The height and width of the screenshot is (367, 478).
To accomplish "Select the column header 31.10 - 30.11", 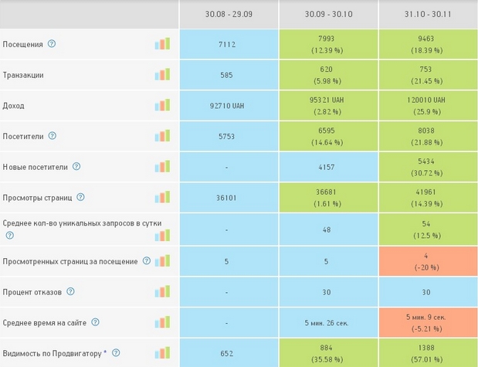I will tap(428, 15).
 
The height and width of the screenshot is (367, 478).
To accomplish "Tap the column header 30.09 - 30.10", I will tap(328, 15).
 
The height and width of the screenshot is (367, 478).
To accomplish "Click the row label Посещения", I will tap(23, 44).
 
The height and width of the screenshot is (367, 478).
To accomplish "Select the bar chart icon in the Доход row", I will tap(162, 105).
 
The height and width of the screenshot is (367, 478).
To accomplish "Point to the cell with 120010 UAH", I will tap(428, 105).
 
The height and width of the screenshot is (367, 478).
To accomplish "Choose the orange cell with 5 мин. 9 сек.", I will tap(428, 321).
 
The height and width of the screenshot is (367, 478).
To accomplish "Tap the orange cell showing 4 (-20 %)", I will tap(428, 260).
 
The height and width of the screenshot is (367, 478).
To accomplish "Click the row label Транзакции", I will tap(23, 75).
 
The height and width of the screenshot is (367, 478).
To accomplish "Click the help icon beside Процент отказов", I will tap(70, 291).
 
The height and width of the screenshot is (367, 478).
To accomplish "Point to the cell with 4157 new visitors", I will tap(328, 167).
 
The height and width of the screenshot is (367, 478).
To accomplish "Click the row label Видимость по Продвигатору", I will tap(53, 354).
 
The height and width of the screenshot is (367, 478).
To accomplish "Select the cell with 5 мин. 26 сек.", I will tap(328, 322).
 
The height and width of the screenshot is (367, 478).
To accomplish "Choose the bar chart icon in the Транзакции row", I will tap(162, 75).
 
